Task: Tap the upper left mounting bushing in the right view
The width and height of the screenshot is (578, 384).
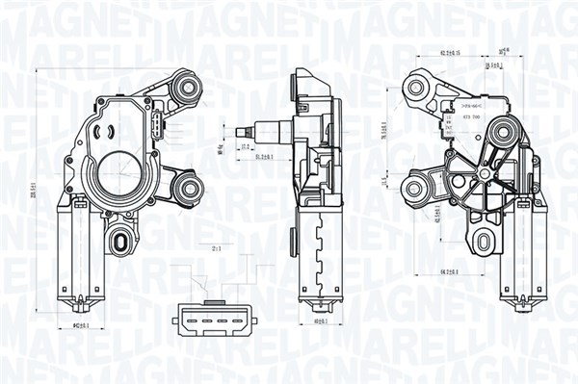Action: click(416, 88)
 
